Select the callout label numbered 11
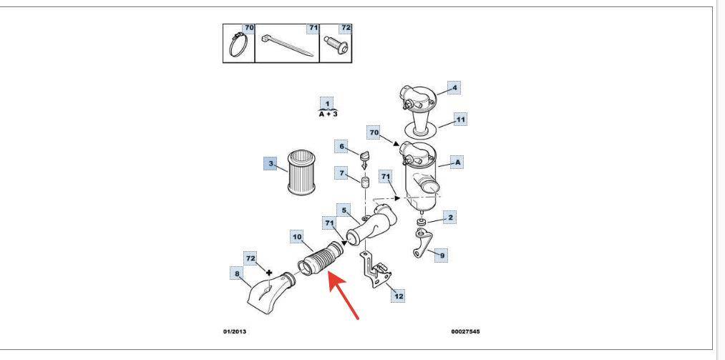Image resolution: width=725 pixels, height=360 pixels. point(460,120)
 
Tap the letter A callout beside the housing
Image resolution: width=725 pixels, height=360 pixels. point(458,162)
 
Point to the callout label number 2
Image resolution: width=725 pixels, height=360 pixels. point(450,215)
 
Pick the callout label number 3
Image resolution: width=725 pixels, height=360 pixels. point(270,164)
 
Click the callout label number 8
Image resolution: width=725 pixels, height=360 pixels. point(238,273)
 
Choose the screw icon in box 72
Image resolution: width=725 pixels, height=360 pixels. point(334,46)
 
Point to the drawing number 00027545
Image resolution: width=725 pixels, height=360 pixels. point(467,332)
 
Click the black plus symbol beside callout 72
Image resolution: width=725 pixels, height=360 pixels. point(270,272)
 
